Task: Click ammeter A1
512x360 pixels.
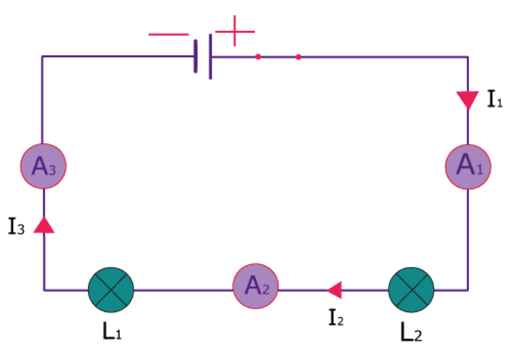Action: pyautogui.click(x=468, y=167)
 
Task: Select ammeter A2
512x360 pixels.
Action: pyautogui.click(x=255, y=286)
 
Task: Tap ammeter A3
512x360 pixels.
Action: pyautogui.click(x=43, y=166)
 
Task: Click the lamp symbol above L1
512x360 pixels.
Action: pyautogui.click(x=111, y=290)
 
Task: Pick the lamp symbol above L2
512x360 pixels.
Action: pyautogui.click(x=411, y=290)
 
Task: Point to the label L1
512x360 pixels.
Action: pyautogui.click(x=112, y=331)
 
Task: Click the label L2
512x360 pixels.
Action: pyautogui.click(x=411, y=332)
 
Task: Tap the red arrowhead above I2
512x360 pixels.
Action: pyautogui.click(x=334, y=290)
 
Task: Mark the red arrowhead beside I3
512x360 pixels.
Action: pyautogui.click(x=44, y=225)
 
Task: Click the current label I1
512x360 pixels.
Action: pyautogui.click(x=494, y=99)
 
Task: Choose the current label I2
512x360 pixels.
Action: pyautogui.click(x=336, y=317)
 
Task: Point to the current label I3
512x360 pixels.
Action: pyautogui.click(x=16, y=226)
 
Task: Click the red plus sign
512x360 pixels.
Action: pyautogui.click(x=235, y=31)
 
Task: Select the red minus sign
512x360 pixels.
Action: pyautogui.click(x=169, y=34)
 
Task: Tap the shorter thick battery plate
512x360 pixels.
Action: pyautogui.click(x=196, y=56)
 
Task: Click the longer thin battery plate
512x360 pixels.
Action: pyautogui.click(x=210, y=56)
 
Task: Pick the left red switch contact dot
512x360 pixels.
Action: pyautogui.click(x=258, y=57)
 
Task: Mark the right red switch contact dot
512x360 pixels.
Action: pyautogui.click(x=298, y=57)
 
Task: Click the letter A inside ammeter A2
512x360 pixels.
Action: pyautogui.click(x=253, y=285)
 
